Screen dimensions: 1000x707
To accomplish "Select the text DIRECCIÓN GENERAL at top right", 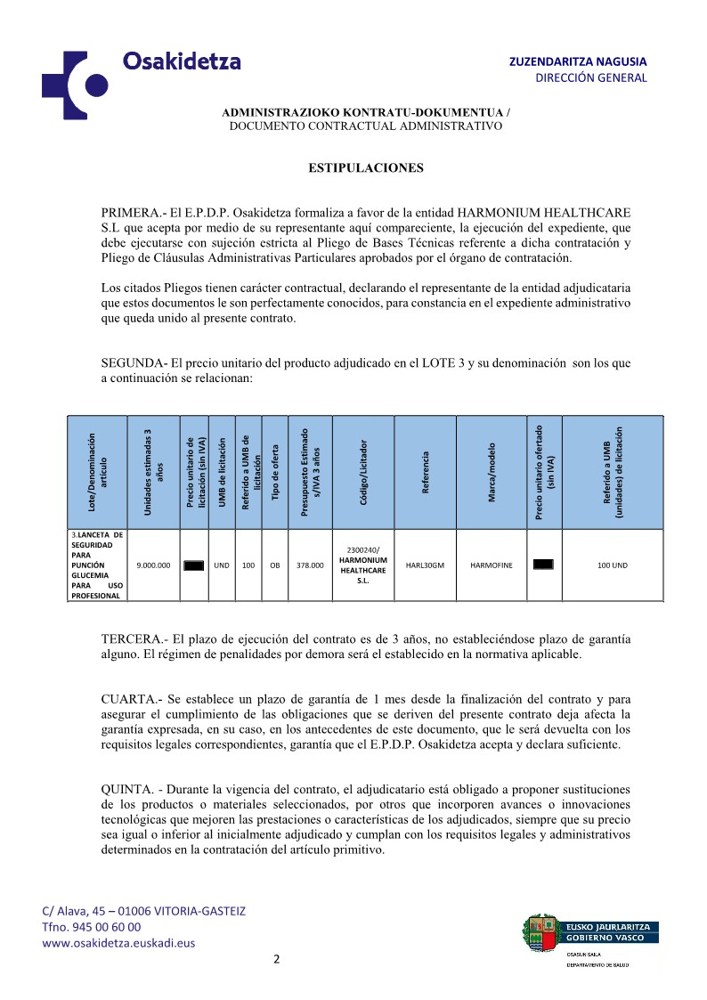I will click(590, 78).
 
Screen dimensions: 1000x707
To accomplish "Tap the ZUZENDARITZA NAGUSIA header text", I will click(578, 61).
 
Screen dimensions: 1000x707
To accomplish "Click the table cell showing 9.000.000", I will click(154, 565).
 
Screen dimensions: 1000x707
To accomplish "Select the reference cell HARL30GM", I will click(425, 565).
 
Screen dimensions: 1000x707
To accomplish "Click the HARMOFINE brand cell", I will click(492, 565).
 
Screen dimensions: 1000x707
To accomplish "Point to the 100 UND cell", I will click(613, 565).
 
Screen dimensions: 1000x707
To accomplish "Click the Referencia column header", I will click(426, 472).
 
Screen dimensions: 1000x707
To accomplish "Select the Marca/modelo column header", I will click(492, 472).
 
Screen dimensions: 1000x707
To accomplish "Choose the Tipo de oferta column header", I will click(276, 472).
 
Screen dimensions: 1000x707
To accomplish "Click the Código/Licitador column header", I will click(363, 472).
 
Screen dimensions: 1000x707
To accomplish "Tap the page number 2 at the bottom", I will click(276, 959).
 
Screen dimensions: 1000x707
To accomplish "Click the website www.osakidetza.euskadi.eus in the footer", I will click(119, 943).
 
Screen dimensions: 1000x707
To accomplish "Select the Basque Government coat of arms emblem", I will click(540, 931).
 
